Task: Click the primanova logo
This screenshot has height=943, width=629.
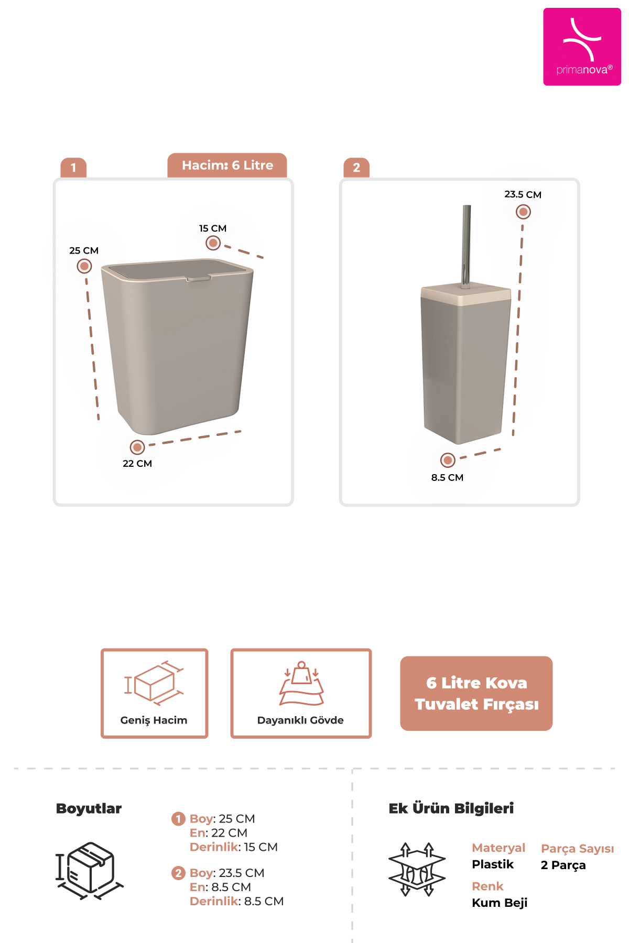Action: (x=582, y=47)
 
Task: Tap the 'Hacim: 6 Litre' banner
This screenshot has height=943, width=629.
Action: (x=227, y=166)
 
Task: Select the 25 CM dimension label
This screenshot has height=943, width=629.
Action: (x=84, y=250)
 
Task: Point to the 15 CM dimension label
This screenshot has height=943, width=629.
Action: (x=213, y=228)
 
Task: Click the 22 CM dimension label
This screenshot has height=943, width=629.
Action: (x=137, y=464)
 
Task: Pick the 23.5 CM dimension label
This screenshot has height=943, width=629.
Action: (x=523, y=194)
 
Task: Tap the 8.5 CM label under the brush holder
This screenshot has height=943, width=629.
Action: (x=447, y=477)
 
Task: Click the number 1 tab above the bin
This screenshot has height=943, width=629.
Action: (x=73, y=168)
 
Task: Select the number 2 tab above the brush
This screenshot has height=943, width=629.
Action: (x=356, y=168)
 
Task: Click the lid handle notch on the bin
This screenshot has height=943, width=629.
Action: (x=199, y=278)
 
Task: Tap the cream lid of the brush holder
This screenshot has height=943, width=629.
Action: (x=466, y=294)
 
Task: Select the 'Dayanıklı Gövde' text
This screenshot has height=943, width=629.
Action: (x=300, y=720)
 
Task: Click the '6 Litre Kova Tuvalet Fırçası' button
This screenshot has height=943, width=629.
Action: (x=476, y=694)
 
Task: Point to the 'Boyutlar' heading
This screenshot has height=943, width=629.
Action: (x=89, y=808)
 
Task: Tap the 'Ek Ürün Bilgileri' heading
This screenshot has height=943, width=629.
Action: (x=451, y=808)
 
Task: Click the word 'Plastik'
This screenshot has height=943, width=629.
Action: (x=493, y=864)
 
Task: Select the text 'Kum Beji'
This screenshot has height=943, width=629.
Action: (x=500, y=903)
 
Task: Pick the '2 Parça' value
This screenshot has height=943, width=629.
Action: (x=563, y=865)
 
